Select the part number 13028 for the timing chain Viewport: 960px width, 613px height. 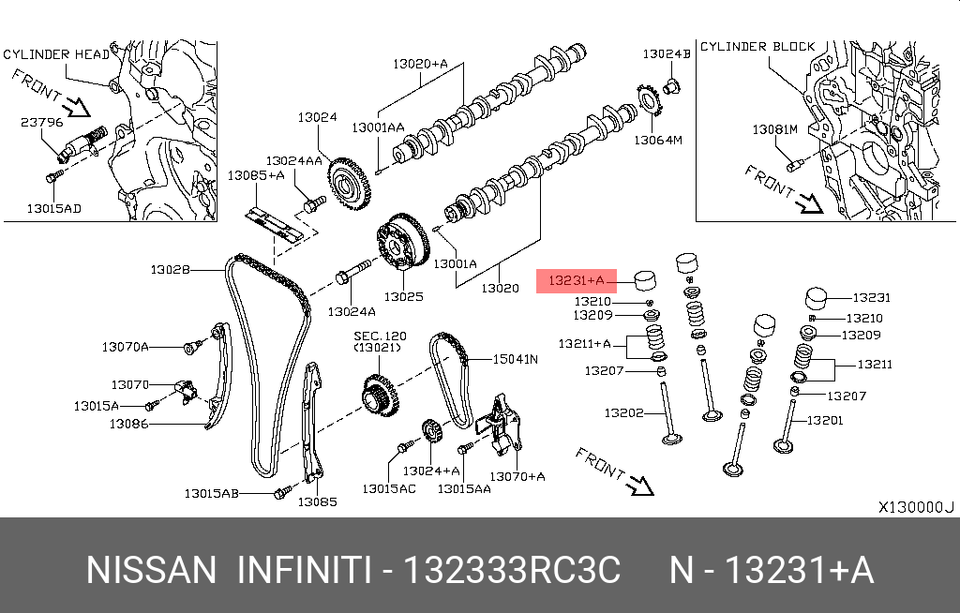pos(170,270)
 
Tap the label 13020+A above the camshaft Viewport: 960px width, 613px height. pos(420,64)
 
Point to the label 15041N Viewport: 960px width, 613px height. pos(517,359)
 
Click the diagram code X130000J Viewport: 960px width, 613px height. pos(915,507)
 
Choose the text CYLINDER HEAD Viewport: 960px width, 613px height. pos(49,54)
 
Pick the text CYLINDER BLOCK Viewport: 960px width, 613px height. pos(757,46)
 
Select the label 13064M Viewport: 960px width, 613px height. pos(657,141)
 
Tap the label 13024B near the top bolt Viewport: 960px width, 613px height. pos(667,54)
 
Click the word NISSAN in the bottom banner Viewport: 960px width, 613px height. pos(150,570)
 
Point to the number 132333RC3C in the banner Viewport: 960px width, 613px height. pos(512,570)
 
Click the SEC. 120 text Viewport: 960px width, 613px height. pos(380,335)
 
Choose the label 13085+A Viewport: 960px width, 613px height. pos(256,175)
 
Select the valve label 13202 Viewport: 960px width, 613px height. pos(622,412)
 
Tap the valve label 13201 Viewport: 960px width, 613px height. pos(824,420)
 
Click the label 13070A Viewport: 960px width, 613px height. pos(126,347)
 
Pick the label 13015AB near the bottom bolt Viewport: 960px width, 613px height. pos(211,493)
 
